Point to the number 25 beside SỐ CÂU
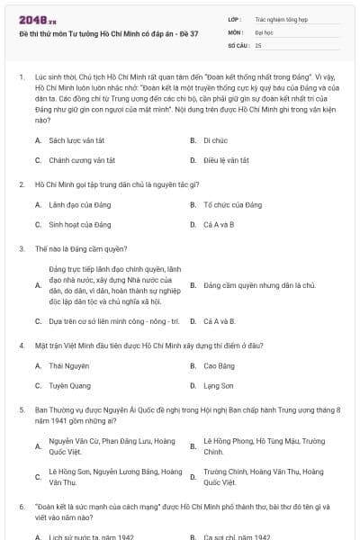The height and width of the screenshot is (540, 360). coord(259,44)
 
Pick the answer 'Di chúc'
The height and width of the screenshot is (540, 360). coord(214,140)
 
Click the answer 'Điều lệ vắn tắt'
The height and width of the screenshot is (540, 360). coord(226,159)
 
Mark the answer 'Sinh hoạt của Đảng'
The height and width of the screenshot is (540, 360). coord(80,224)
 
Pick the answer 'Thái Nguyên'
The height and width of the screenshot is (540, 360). coord(68,366)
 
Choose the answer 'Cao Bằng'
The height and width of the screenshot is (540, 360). coord(219,366)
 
